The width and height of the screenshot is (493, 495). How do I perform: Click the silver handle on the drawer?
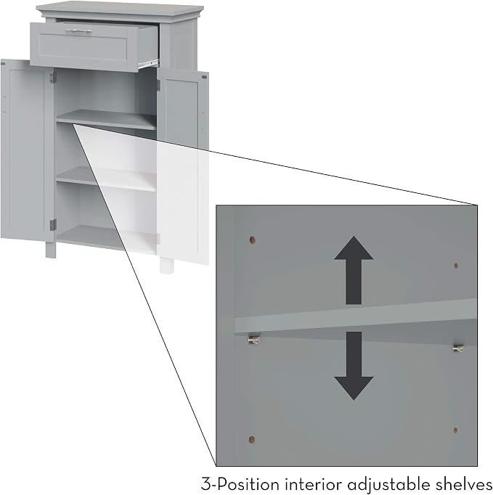coord(79,31)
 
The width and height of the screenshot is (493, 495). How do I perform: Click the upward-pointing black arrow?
coord(354,270)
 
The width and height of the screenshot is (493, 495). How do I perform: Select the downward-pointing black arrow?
coord(354,366)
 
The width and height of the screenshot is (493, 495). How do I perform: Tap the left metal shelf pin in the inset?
coord(255,340)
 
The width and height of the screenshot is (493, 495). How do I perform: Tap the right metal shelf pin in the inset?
coord(459,348)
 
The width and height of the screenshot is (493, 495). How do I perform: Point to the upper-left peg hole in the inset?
coord(253,240)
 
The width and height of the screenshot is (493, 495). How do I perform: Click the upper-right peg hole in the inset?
coord(456,266)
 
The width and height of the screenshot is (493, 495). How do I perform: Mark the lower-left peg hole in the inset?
coord(252,439)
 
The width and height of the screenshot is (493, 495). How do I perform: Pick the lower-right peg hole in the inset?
coord(455,430)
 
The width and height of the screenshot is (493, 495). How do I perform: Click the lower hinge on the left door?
coord(53,224)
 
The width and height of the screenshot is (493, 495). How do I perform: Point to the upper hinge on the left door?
coord(52,78)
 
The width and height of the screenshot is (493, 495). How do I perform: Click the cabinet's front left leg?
coord(51,250)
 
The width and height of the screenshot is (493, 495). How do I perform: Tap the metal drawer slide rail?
coord(148,64)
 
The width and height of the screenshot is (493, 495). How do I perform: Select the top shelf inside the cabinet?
coord(107,119)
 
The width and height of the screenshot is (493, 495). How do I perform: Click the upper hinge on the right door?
coord(158,85)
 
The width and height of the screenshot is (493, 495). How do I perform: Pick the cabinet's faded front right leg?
coord(166,266)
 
